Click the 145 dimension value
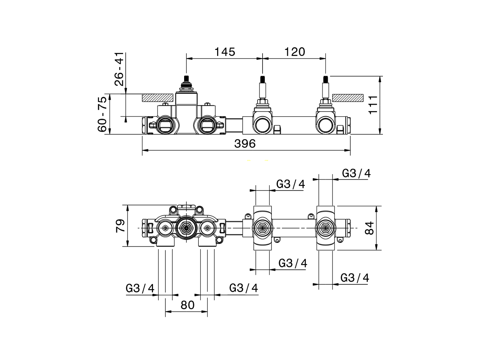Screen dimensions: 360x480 (225, 52)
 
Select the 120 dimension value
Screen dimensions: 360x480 (294, 52)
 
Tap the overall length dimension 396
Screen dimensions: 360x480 (245, 144)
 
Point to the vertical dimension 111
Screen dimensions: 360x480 (373, 105)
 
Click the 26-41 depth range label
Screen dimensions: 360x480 (119, 69)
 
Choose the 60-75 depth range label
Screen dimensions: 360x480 (102, 114)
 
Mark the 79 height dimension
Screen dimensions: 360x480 (120, 226)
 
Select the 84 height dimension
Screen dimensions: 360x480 (369, 228)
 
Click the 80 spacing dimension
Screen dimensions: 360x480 (187, 305)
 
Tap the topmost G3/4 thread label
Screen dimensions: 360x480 (356, 173)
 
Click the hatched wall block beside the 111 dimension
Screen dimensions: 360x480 (348, 97)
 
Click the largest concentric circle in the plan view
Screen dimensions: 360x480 (186, 227)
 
